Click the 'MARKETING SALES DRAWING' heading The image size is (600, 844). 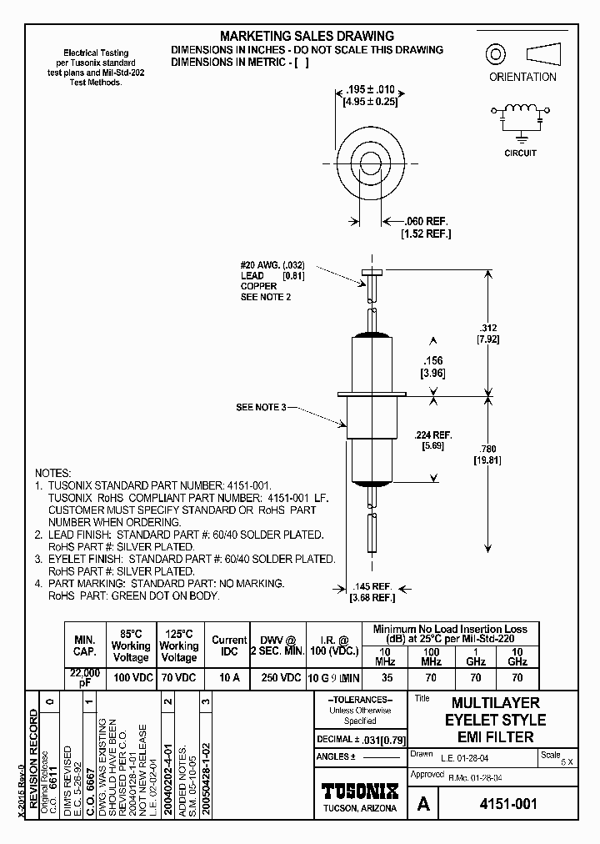pos(307,36)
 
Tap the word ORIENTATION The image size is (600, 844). pos(522,77)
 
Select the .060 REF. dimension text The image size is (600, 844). pos(426,221)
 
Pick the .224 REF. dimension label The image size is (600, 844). pos(432,434)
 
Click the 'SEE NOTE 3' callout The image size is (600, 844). pos(261,406)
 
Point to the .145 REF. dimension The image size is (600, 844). pos(371,585)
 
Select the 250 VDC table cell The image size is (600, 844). pos(282,678)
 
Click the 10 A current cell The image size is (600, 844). pos(229,678)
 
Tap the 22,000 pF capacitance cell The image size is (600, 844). pos(84,677)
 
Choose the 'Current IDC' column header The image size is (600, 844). pos(229,646)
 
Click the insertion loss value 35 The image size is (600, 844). pos(386,678)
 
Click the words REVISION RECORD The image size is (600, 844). pos(34,759)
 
